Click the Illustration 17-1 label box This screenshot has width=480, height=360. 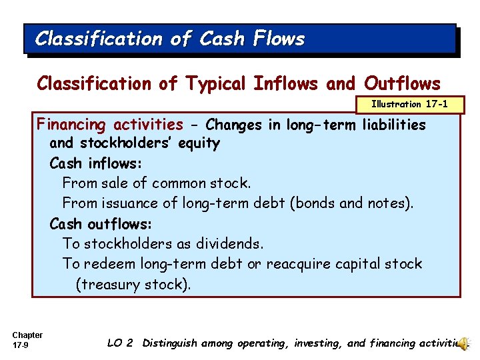pos(409,104)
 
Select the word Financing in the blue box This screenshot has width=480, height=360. pos(73,124)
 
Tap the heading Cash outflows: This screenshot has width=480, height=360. pos(101,223)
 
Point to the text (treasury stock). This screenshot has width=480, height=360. pos(133,285)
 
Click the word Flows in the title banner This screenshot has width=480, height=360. pos(279,39)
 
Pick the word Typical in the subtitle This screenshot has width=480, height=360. pos(217,83)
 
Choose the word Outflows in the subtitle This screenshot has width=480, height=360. pos(402,83)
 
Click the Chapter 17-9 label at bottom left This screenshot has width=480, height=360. pos(27,340)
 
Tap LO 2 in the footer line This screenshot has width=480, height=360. pos(120,343)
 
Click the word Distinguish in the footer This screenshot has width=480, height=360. pos(170,343)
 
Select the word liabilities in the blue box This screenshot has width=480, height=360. pos(394,124)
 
